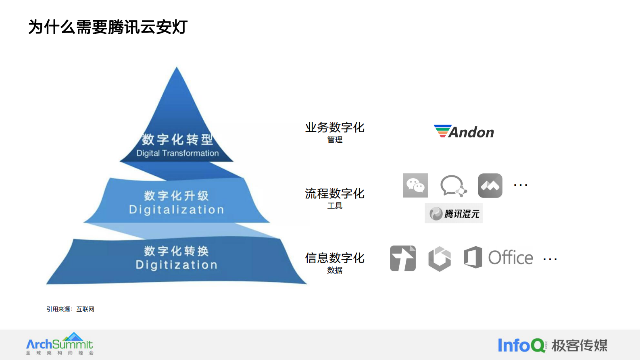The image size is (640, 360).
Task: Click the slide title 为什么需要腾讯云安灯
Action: (108, 27)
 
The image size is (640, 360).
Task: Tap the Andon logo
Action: (464, 132)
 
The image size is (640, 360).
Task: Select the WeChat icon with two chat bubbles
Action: (415, 185)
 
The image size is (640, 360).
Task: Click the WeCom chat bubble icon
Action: (453, 186)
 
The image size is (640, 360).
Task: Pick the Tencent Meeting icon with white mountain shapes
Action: (490, 186)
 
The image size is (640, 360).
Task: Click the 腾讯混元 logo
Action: (454, 213)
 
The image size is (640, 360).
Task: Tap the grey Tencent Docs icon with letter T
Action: (402, 258)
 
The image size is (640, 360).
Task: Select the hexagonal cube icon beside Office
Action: (439, 258)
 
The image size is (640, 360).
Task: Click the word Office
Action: (511, 258)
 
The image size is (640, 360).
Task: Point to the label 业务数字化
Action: (335, 128)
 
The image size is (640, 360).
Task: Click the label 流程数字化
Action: (335, 194)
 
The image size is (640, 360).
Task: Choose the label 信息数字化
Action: (335, 258)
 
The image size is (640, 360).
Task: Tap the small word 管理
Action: (335, 140)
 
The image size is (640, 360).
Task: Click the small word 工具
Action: (335, 206)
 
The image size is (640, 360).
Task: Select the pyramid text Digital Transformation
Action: (177, 153)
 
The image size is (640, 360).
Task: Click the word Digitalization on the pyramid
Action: (176, 210)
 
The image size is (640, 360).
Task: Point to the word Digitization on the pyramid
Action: (176, 265)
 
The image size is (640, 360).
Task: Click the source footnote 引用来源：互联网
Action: (70, 309)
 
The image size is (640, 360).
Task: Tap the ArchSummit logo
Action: (60, 344)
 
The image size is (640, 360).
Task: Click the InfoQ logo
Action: (521, 345)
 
